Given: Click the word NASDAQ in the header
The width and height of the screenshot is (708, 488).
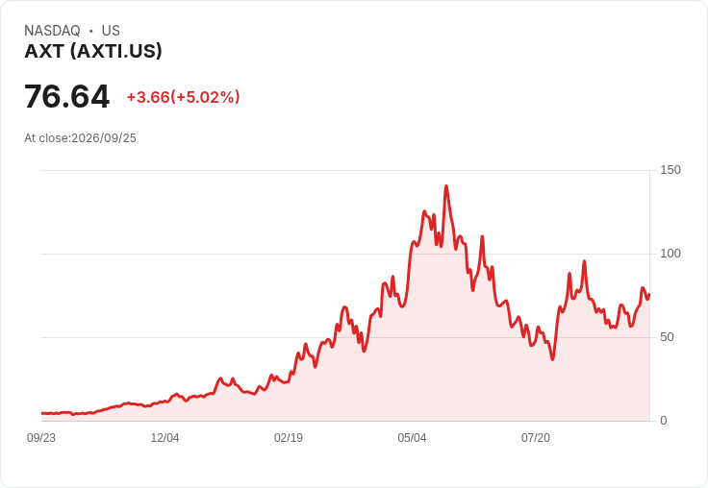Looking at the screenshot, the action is pos(52,31).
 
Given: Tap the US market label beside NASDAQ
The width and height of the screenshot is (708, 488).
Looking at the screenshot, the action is pos(111,31).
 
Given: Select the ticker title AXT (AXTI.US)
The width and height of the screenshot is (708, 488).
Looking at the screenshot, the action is pos(93,52).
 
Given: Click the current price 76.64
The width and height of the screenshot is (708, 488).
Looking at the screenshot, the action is pos(66,96).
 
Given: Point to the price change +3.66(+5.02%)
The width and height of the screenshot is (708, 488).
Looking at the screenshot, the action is pos(183,97).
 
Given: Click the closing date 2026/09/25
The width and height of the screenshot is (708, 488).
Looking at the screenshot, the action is pos(104,138).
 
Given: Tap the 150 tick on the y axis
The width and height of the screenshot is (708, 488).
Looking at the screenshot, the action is pos(670,170).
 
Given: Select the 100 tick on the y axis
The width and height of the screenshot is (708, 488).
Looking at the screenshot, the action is pos(670,254).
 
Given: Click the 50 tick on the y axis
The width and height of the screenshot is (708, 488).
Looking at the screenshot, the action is pos(667,337).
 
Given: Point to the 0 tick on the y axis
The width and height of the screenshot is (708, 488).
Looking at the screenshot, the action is pos(664,421).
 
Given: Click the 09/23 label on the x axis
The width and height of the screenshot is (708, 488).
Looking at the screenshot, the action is pos(41,438).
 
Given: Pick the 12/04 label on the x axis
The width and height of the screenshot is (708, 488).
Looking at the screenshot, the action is pos(164,438).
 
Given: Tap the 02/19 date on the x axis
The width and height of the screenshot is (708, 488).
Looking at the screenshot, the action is pos(289,438).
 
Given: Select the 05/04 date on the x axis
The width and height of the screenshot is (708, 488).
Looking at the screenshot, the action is pos(412,438).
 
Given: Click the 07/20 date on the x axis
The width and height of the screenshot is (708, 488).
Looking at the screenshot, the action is pos(536,438).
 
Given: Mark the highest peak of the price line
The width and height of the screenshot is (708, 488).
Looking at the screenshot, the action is pos(446,185).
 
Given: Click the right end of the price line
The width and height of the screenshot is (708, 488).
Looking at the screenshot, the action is pos(649,295).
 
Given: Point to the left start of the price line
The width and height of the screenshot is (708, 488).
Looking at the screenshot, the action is pos(42,413).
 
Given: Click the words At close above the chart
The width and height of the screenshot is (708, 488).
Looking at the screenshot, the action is pos(46,138).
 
